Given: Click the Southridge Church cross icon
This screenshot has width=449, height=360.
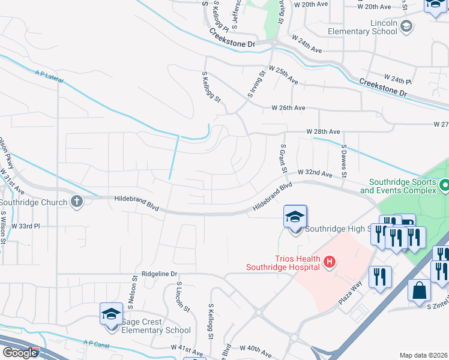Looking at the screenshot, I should coord(77,202).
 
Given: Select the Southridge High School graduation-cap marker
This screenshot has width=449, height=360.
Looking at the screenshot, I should coord(295,217).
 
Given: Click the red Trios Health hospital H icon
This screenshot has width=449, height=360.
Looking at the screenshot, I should coord(328,262).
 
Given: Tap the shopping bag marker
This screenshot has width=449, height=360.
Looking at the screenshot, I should coord(419,290).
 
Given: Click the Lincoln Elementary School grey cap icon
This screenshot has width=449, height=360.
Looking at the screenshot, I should coord(407,26).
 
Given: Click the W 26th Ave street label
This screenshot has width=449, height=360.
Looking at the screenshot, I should coord(289,108).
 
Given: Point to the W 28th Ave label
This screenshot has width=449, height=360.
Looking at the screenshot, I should coord(323,131).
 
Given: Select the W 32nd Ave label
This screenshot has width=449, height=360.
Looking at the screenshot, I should coord(315,173).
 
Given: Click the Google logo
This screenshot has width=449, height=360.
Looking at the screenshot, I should coord(20,353).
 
